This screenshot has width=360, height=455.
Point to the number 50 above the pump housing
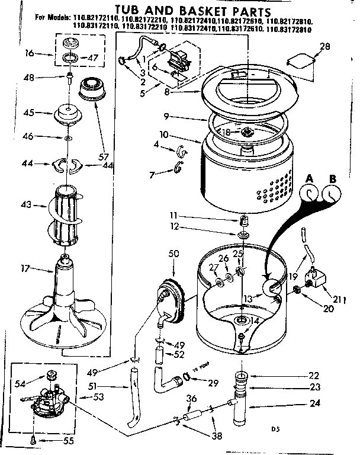pyautogui.click(x=173, y=254)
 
